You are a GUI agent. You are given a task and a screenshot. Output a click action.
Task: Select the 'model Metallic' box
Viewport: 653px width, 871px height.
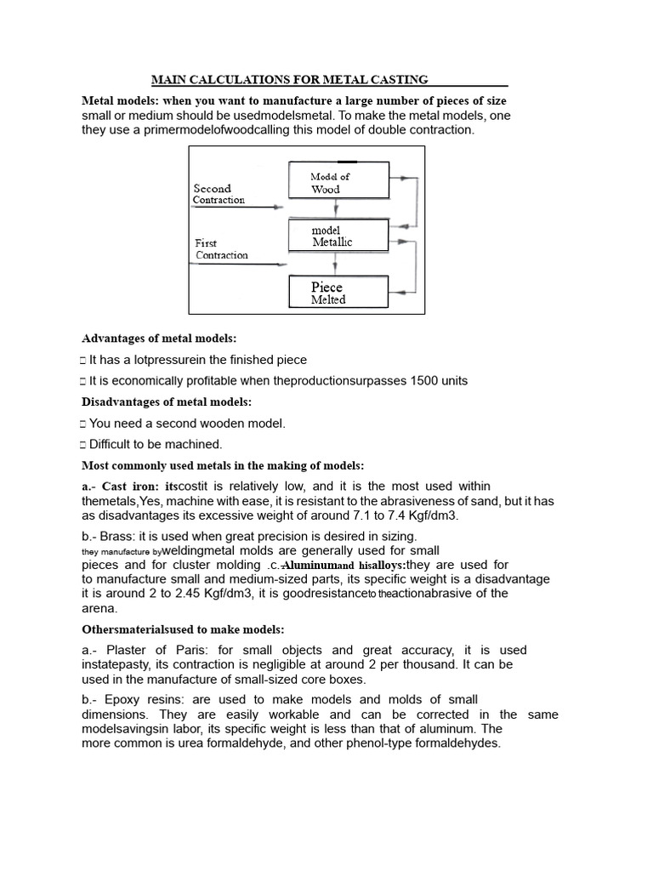coord(338,236)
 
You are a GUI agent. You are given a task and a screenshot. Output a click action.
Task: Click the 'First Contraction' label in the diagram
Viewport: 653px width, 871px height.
coord(221,248)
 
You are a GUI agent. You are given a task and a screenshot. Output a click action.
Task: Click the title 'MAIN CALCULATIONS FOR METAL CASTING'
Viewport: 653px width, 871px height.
coord(290,80)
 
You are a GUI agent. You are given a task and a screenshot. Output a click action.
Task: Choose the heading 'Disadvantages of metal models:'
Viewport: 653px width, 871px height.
coord(167,401)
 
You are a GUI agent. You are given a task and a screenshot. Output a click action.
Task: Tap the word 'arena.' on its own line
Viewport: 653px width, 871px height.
coord(99,608)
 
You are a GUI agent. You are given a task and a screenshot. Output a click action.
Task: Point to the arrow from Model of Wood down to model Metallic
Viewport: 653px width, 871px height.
coord(338,208)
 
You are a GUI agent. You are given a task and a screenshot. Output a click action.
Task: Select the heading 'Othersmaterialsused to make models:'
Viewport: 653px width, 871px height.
coord(183,629)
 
